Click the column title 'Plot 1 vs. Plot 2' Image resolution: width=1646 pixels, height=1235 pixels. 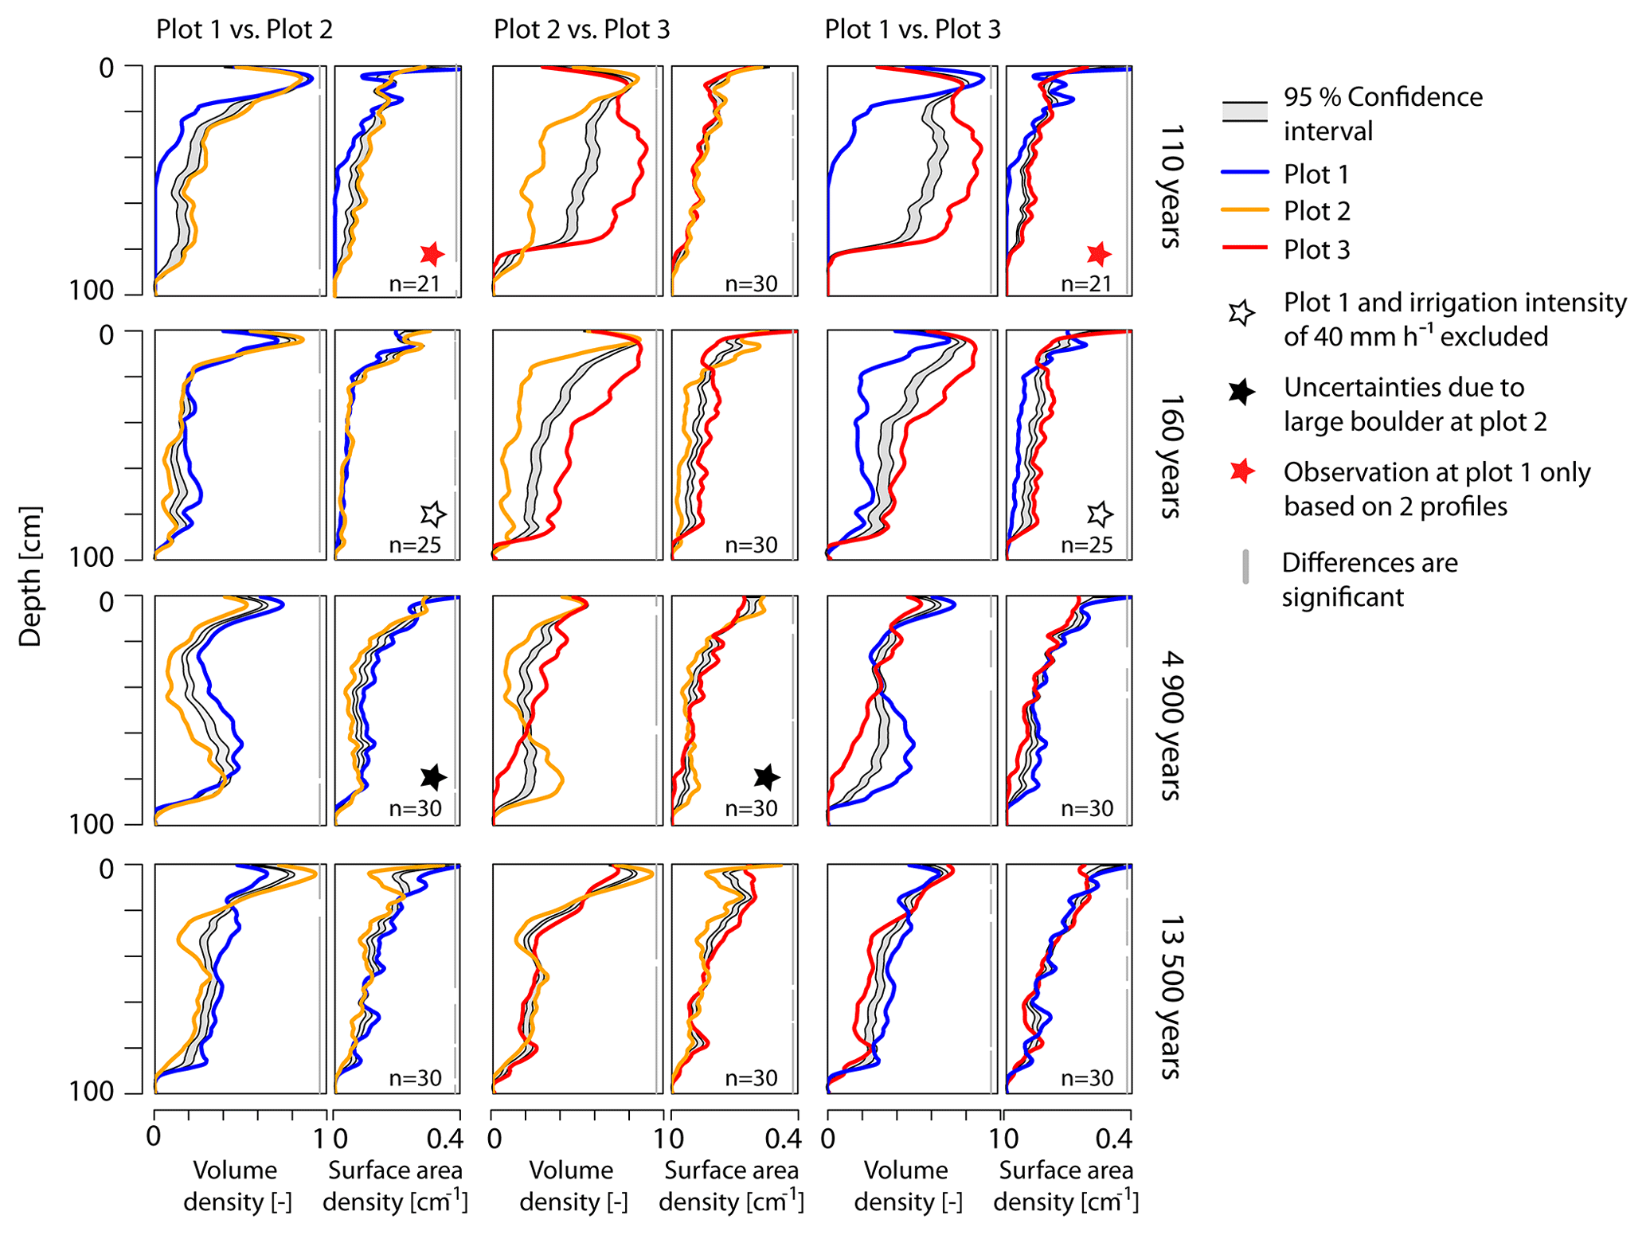click(x=244, y=29)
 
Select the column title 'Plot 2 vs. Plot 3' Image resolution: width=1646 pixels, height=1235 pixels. click(x=581, y=29)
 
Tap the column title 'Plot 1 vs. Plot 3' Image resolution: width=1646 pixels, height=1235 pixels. click(x=912, y=29)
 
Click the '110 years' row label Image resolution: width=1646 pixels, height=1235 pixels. click(x=1169, y=186)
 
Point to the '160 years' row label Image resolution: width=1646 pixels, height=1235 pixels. click(x=1169, y=456)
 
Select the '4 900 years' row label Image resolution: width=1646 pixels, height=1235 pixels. click(x=1169, y=725)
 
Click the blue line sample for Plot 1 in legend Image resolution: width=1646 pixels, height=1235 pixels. click(x=1244, y=172)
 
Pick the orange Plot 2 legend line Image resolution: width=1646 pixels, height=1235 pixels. click(x=1244, y=209)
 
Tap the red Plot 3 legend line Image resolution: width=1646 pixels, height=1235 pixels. click(x=1244, y=248)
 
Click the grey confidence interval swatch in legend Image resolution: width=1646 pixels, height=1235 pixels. click(x=1244, y=112)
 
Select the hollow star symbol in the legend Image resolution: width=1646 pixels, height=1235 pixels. click(x=1241, y=313)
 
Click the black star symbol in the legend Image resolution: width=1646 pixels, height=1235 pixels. click(x=1241, y=392)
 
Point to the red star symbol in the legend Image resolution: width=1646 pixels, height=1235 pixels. click(x=1241, y=471)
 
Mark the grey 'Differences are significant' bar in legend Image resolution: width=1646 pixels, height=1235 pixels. click(x=1245, y=566)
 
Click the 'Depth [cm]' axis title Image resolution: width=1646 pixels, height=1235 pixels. click(x=30, y=576)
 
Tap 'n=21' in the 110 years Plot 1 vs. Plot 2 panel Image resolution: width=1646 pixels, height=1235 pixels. click(x=414, y=283)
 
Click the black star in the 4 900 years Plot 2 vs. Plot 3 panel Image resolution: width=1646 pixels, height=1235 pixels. click(x=766, y=776)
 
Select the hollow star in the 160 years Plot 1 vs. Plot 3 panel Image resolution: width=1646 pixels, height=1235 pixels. click(x=1100, y=514)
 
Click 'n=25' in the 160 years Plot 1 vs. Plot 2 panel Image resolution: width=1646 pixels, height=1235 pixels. click(x=414, y=545)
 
